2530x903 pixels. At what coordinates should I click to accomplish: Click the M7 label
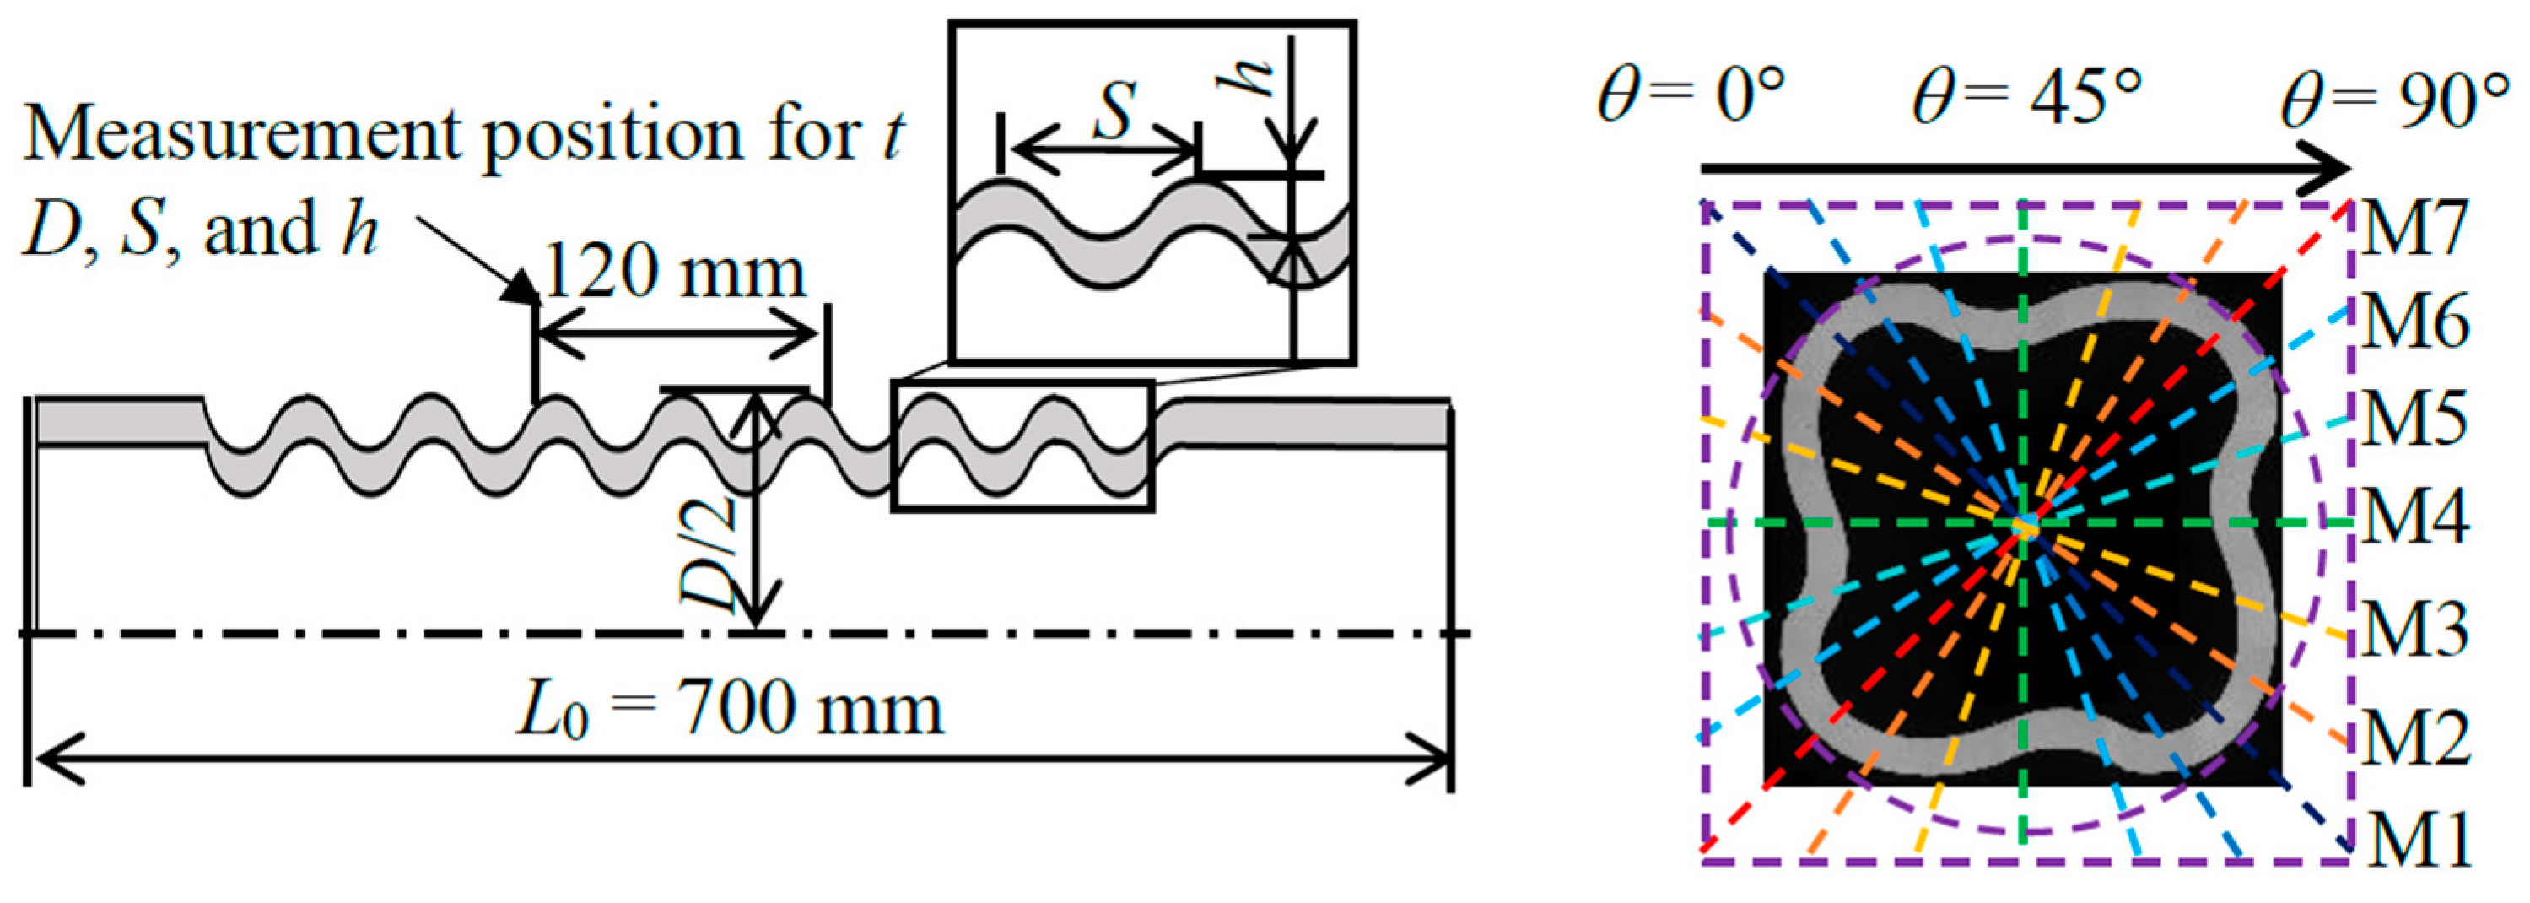pos(2417,227)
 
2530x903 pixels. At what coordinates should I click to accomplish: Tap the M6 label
pos(2417,322)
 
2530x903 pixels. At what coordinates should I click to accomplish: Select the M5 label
pos(2417,419)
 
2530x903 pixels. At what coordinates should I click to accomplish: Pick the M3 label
pos(2417,629)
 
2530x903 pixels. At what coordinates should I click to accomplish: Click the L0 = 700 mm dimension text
pos(731,711)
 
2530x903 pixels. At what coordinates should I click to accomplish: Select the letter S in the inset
pos(1114,110)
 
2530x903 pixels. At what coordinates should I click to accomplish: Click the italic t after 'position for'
pos(893,135)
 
